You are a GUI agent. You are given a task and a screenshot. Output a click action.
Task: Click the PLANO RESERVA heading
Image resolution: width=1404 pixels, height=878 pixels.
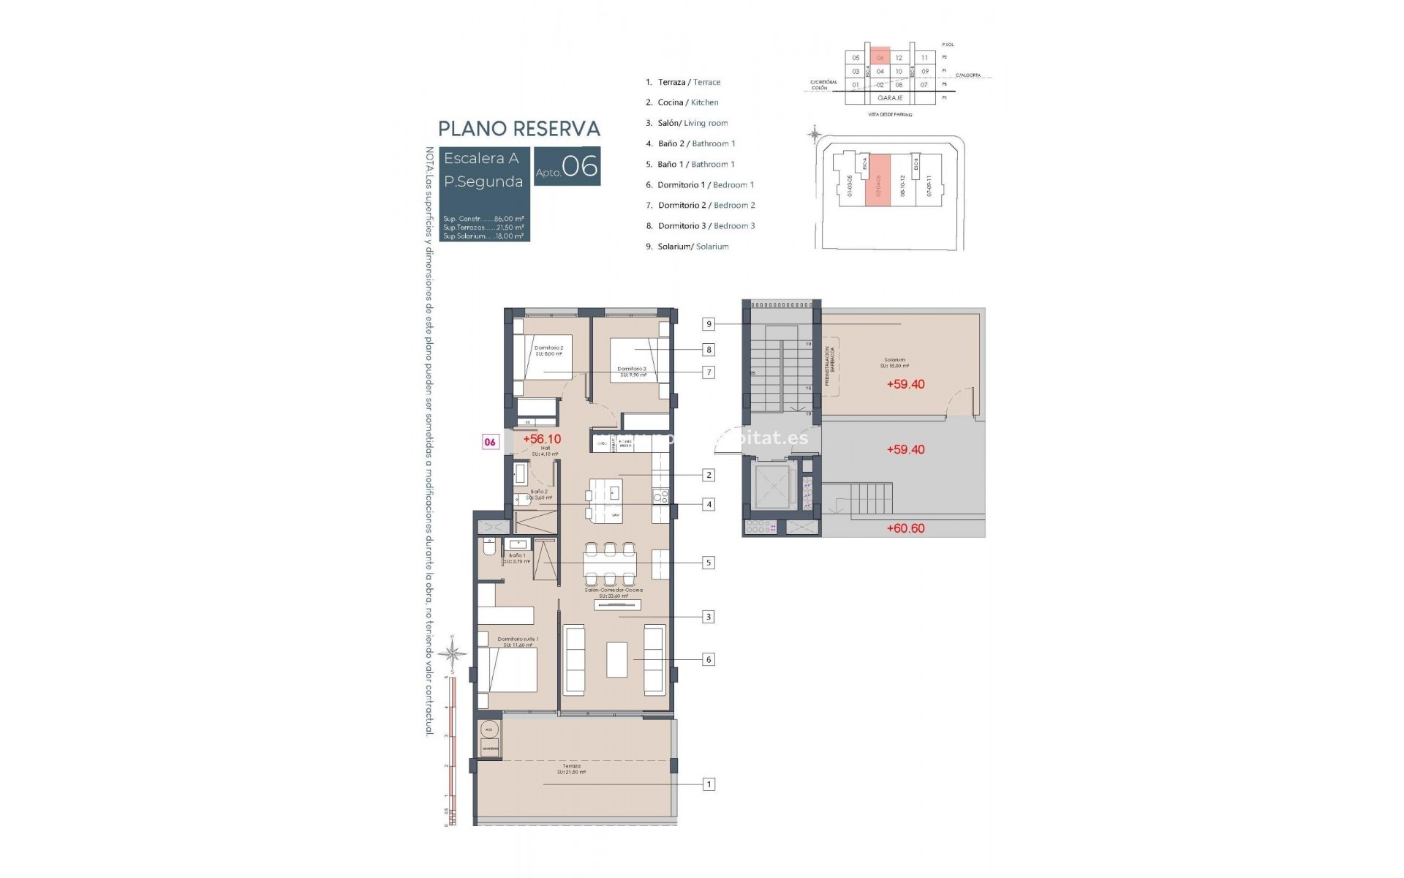coord(518,129)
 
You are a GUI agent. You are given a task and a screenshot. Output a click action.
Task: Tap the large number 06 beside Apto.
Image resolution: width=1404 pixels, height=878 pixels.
coord(580,166)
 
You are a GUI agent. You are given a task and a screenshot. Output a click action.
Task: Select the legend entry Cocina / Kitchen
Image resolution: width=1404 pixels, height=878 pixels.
coord(687,102)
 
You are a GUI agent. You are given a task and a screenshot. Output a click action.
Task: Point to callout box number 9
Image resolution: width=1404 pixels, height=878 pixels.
coord(708,324)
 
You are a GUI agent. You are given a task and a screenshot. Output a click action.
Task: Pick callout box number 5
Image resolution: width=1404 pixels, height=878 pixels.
coord(708,563)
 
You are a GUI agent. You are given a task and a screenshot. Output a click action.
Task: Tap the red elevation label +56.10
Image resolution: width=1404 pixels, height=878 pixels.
coord(542,439)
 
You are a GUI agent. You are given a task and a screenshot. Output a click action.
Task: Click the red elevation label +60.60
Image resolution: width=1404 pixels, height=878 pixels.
coord(905,528)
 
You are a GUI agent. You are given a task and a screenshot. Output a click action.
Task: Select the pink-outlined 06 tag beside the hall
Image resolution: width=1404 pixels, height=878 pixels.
coord(490,442)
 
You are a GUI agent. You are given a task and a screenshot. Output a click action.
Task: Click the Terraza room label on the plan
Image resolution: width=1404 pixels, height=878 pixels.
coord(571,769)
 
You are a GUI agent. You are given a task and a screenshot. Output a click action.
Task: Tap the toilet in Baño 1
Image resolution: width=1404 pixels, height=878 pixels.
coord(489,547)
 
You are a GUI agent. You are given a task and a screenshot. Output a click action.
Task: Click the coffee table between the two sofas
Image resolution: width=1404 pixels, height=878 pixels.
coord(616,659)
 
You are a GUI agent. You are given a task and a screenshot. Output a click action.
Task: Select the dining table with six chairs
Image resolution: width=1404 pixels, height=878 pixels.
coord(609,564)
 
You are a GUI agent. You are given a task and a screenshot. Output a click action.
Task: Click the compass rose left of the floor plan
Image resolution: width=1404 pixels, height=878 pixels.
coord(453,653)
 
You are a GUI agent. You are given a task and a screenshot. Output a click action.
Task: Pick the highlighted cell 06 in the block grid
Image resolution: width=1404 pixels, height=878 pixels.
coord(880,58)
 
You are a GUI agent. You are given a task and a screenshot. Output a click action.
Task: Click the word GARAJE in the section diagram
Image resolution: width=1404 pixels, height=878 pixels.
coord(890,97)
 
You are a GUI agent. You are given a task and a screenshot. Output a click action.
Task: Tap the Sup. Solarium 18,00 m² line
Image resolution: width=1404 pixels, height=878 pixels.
coord(483,236)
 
